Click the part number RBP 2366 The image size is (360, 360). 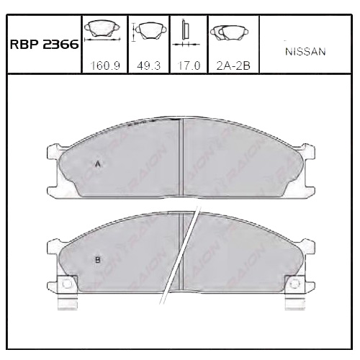coord(43,43)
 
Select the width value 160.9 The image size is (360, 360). coord(105,66)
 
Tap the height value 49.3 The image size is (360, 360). coord(148,66)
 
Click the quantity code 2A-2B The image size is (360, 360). coord(231,66)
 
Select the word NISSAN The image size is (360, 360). coord(306,52)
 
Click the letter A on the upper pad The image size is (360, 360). coord(97,164)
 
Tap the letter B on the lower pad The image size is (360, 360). coord(97,259)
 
